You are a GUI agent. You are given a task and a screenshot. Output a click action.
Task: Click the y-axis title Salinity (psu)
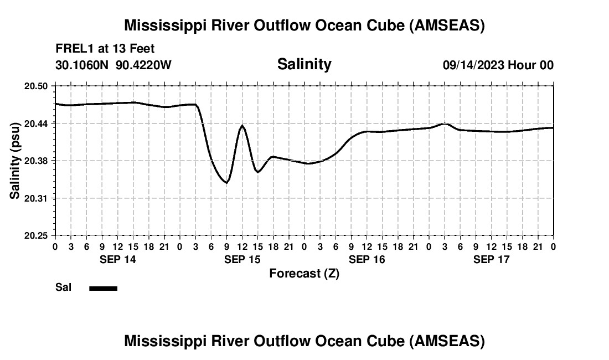(x=15, y=161)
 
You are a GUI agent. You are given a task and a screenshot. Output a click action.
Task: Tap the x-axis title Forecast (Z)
(x=304, y=273)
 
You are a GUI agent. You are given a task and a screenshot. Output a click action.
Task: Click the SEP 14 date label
(x=117, y=259)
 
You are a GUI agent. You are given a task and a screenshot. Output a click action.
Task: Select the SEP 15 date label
(x=242, y=259)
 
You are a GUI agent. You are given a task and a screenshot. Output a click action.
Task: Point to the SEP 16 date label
(x=367, y=259)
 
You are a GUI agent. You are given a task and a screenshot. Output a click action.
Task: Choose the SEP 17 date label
(x=491, y=259)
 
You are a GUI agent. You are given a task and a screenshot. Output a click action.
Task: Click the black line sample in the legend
(x=104, y=288)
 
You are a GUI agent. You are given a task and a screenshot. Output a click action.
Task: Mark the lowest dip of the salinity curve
(x=226, y=182)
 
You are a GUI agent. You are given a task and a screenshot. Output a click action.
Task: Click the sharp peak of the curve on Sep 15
(x=242, y=126)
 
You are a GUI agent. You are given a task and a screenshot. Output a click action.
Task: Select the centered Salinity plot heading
(x=304, y=64)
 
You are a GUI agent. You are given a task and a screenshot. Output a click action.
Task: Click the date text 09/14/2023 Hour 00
(x=498, y=65)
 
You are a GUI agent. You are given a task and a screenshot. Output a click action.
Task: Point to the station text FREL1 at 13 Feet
(x=105, y=49)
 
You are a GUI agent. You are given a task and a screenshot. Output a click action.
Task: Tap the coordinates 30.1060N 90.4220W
(x=113, y=65)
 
